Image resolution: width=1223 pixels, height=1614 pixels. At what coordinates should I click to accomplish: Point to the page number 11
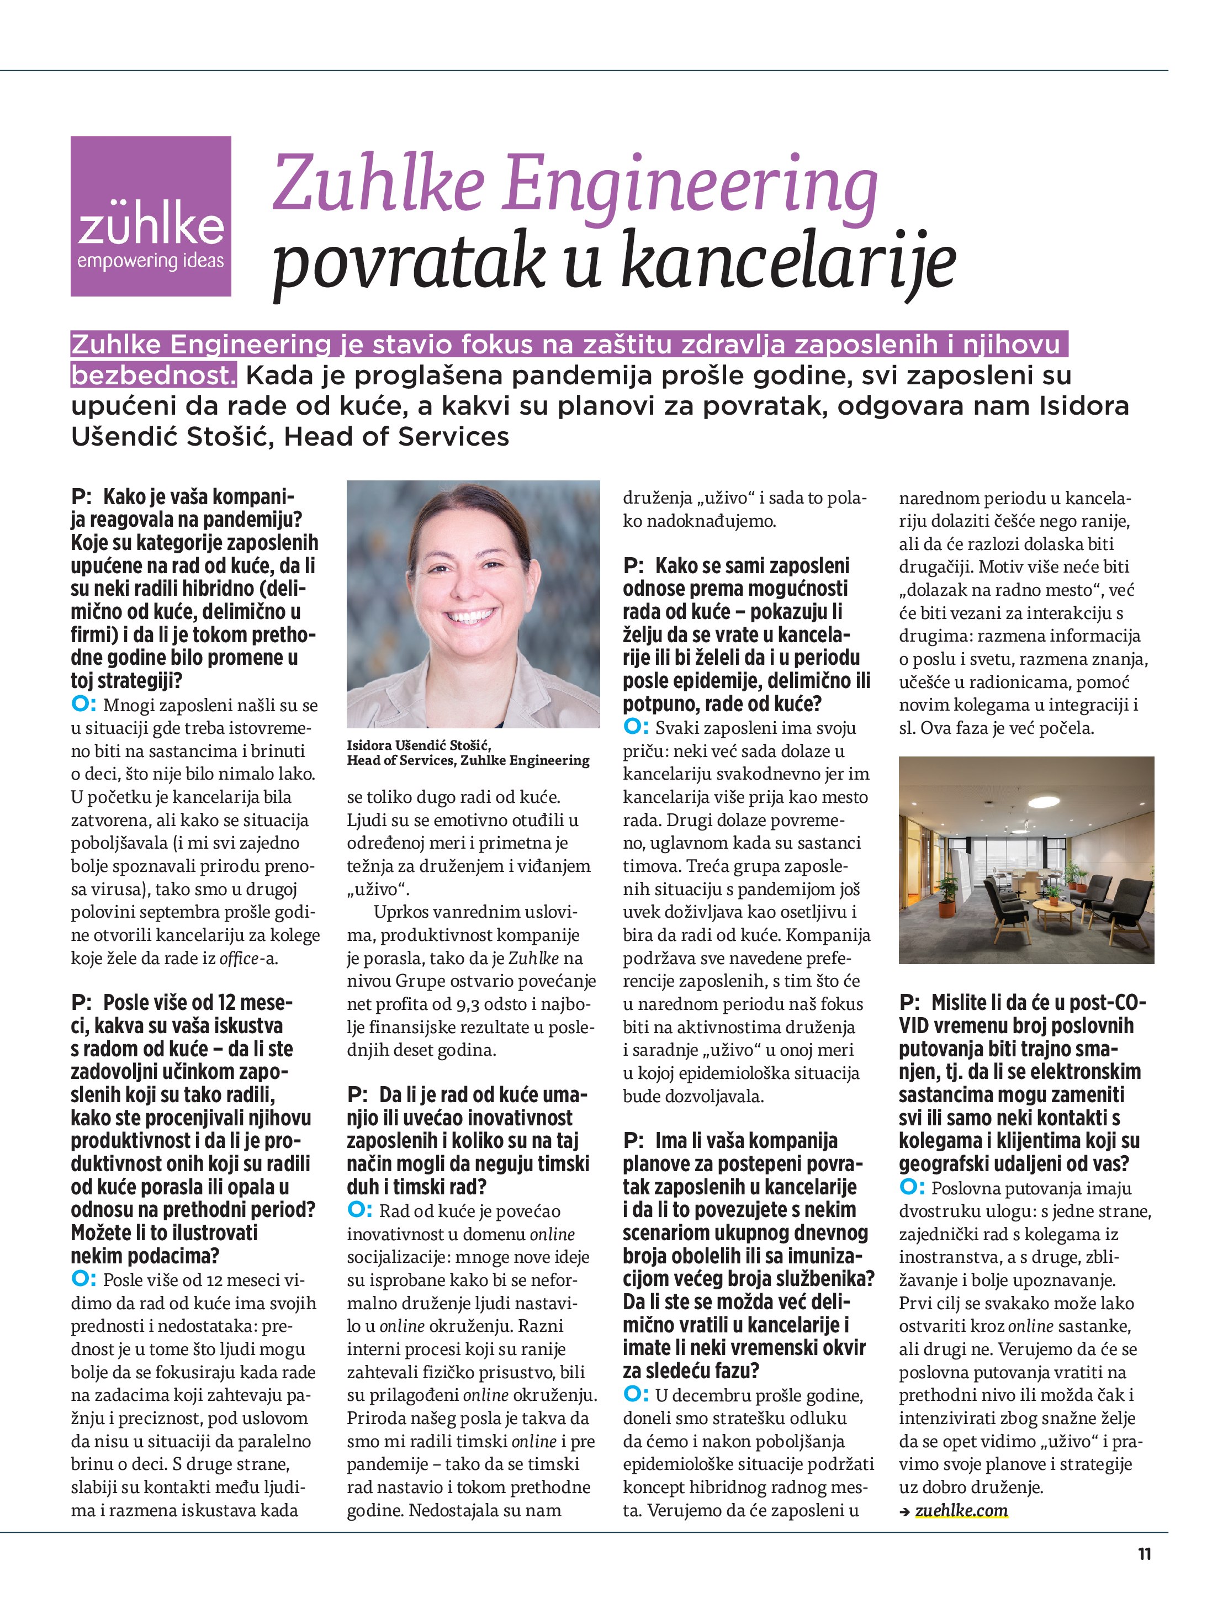(1144, 1554)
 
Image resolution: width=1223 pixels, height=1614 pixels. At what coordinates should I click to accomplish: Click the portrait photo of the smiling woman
(473, 604)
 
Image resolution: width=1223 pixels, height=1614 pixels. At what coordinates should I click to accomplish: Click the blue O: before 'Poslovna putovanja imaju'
(912, 1188)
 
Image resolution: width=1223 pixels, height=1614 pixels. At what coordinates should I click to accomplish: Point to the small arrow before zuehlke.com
(905, 1512)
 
